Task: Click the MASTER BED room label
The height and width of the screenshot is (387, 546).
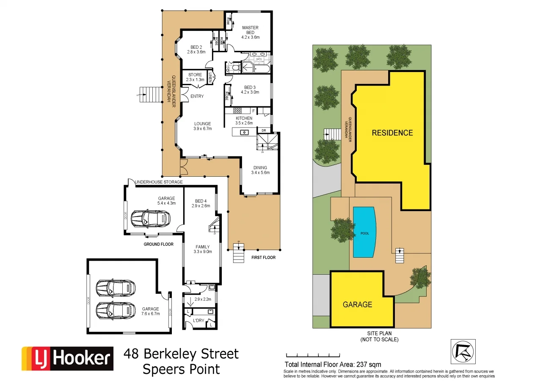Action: [250, 32]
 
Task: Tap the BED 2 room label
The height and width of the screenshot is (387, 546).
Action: [196, 50]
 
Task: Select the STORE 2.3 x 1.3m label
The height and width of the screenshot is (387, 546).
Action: [195, 77]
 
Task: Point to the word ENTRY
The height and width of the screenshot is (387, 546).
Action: [197, 96]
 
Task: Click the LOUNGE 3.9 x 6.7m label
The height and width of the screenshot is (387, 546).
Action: [202, 126]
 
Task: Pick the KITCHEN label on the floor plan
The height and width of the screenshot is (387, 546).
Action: [244, 120]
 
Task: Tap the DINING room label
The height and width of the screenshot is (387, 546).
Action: [260, 170]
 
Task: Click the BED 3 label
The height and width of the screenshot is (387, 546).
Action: [250, 89]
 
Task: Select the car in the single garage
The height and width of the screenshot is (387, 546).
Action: [150, 219]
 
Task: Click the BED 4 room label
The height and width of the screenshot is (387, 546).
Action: [201, 203]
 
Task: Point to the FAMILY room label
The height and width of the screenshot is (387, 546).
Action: [202, 249]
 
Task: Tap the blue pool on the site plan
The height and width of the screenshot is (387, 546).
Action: [364, 232]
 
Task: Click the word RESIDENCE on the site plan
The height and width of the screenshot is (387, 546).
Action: [392, 133]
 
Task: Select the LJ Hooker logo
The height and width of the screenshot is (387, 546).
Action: [67, 359]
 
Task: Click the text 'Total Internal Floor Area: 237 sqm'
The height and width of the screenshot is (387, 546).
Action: [333, 364]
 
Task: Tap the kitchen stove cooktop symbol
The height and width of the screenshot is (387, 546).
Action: [237, 111]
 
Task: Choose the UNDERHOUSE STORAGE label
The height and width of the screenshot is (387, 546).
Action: [158, 182]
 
